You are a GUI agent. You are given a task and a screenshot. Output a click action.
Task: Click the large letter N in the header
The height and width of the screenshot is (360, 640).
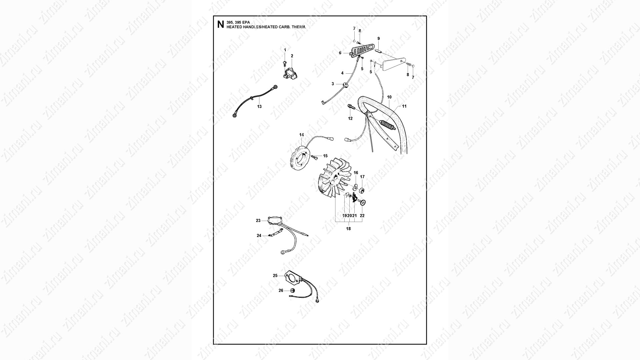click(x=220, y=25)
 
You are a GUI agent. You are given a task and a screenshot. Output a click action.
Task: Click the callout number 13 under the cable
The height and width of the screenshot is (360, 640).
click(x=259, y=107)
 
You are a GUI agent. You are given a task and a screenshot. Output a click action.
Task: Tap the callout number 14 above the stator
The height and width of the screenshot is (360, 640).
click(x=301, y=135)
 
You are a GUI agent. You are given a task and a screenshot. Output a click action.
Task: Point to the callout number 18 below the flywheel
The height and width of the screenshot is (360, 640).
click(x=348, y=229)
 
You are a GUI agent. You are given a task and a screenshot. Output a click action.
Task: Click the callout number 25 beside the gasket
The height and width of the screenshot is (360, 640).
click(x=275, y=276)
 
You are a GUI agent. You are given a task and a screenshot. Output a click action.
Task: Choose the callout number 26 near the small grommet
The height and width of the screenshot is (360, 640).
click(x=281, y=290)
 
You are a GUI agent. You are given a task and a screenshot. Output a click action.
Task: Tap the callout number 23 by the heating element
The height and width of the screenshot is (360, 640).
click(x=258, y=220)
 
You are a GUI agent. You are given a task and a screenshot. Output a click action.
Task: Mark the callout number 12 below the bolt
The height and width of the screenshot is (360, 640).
click(x=350, y=118)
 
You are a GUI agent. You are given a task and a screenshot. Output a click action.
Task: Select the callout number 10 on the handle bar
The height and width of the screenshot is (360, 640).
click(x=389, y=97)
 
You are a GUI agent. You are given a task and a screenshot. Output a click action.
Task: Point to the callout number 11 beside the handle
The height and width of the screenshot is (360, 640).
click(x=404, y=106)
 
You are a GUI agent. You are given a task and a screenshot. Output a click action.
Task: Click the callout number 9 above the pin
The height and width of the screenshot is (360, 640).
click(x=379, y=39)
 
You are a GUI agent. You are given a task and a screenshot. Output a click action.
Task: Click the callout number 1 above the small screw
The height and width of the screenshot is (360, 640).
click(x=285, y=50)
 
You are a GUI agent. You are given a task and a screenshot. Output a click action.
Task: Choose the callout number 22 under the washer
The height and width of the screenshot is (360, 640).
click(x=362, y=216)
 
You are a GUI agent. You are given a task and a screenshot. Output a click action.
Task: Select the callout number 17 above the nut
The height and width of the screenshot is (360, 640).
click(x=362, y=177)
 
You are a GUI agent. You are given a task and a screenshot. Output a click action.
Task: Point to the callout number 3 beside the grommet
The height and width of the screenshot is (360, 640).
click(x=333, y=84)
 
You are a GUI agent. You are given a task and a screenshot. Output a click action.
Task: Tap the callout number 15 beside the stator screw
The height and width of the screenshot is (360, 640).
click(x=325, y=156)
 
